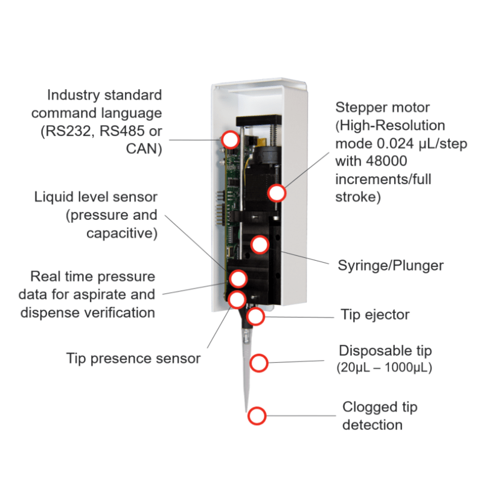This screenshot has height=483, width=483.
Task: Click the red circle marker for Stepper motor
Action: pyautogui.click(x=277, y=193)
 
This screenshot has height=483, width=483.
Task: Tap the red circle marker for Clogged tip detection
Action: pyautogui.click(x=257, y=415)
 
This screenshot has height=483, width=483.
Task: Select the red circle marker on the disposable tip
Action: pyautogui.click(x=258, y=363)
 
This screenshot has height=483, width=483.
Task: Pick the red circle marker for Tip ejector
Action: pyautogui.click(x=256, y=316)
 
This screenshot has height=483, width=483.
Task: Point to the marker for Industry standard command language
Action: pyautogui.click(x=229, y=139)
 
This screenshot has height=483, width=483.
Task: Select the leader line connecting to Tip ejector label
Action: pyautogui.click(x=299, y=316)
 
